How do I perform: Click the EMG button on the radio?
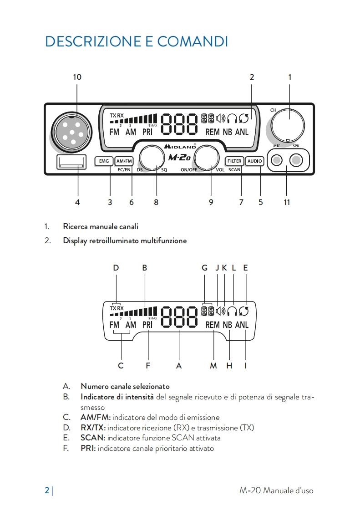point(103,161)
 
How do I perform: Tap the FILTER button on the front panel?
point(234,161)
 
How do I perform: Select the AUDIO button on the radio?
point(254,161)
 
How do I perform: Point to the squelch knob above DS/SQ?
point(152,158)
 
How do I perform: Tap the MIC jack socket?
point(277,160)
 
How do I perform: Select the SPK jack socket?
point(296,160)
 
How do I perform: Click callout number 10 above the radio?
point(77,77)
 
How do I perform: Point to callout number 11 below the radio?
point(287,203)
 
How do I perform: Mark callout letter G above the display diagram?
point(205,268)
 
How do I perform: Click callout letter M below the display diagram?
point(213,365)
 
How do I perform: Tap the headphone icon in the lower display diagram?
point(233,311)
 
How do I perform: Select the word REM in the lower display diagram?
point(213,325)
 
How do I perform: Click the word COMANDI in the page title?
point(193,41)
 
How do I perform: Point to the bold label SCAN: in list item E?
point(93,438)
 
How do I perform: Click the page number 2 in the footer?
point(47,491)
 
